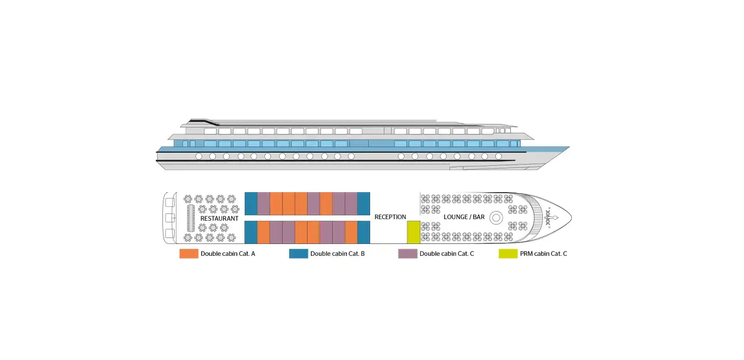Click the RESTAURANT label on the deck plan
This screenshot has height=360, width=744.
click(219, 219)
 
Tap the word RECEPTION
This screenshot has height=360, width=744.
click(390, 217)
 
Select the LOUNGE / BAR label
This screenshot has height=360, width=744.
click(464, 217)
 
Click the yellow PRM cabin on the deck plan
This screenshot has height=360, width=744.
click(413, 232)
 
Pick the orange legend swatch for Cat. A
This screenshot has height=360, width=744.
click(189, 254)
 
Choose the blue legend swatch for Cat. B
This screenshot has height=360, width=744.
click(298, 254)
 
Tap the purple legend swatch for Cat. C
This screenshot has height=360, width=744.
click(407, 254)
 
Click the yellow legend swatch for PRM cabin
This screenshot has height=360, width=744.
click(508, 254)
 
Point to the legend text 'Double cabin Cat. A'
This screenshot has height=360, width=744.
click(228, 254)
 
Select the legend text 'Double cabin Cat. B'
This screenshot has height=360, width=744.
click(337, 254)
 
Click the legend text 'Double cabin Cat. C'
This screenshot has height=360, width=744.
click(447, 254)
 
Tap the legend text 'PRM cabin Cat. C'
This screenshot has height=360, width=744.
click(543, 254)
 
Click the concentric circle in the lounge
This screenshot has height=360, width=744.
click(496, 218)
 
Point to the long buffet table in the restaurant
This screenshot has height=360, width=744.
click(190, 218)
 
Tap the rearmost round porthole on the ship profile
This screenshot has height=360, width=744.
click(199, 156)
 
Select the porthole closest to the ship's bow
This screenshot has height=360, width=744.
click(498, 156)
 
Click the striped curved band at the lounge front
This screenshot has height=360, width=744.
click(536, 217)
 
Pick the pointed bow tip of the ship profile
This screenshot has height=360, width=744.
click(569, 147)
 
